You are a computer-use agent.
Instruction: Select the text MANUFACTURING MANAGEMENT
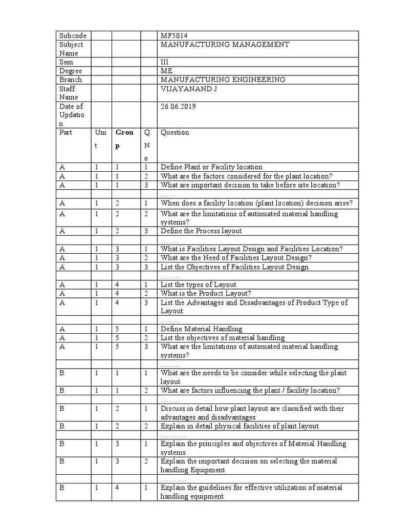(225, 45)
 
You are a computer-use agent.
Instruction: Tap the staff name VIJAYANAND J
(186, 89)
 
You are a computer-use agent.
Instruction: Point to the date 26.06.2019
(178, 107)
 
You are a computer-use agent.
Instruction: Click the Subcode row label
(73, 36)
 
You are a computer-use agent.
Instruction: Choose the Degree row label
(71, 71)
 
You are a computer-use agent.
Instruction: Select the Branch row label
(71, 80)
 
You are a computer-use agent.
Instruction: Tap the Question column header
(175, 133)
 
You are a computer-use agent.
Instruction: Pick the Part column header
(66, 133)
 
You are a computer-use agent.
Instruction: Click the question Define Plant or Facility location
(211, 167)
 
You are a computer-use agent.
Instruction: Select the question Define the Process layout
(201, 231)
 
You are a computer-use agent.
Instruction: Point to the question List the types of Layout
(199, 285)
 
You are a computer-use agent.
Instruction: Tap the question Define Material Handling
(202, 329)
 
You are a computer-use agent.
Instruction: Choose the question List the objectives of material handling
(223, 338)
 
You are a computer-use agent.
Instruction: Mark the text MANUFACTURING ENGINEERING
(223, 80)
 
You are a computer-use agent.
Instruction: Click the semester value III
(164, 63)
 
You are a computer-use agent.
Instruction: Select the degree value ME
(166, 71)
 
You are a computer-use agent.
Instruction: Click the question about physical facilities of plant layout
(239, 427)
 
